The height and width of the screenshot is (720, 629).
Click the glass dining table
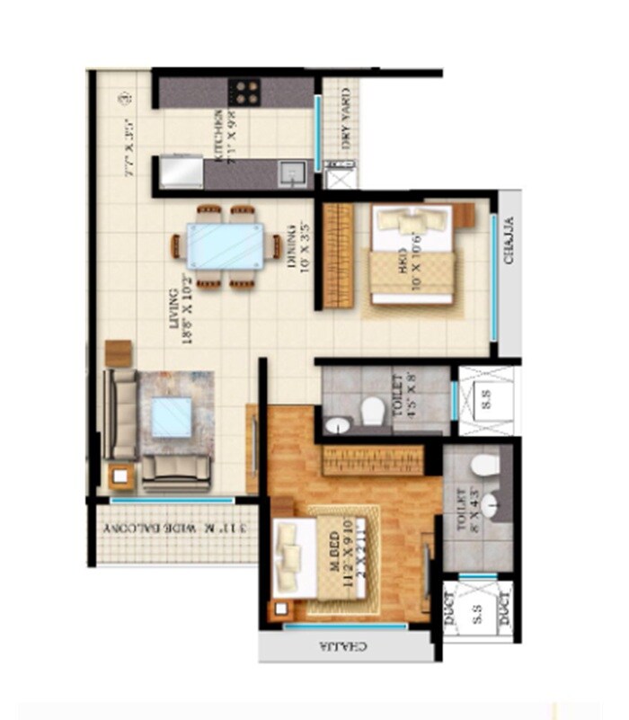click(226, 246)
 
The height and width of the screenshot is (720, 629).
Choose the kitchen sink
click(290, 172)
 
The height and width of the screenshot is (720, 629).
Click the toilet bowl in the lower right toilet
click(485, 467)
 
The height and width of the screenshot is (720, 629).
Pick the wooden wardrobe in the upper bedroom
click(339, 255)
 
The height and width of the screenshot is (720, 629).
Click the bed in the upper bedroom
click(412, 256)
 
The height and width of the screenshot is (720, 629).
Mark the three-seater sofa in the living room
click(119, 414)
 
